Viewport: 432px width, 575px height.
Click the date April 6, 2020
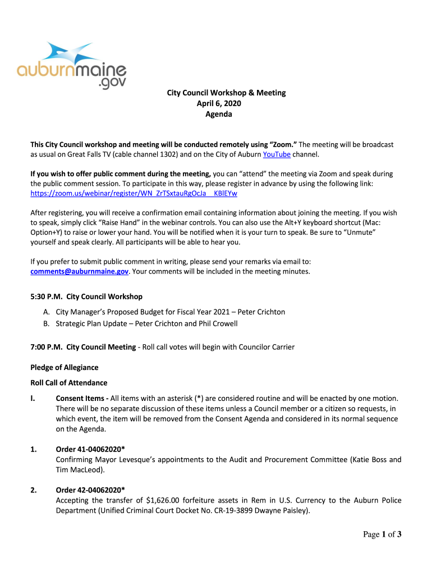tap(218, 103)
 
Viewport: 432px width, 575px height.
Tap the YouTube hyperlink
tap(277, 154)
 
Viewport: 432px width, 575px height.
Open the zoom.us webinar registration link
tap(134, 193)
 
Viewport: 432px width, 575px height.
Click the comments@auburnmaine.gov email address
tap(79, 271)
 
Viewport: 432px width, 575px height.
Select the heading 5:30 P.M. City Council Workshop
tap(86, 296)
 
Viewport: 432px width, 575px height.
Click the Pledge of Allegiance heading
tap(64, 367)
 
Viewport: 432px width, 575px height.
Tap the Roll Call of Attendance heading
tap(68, 383)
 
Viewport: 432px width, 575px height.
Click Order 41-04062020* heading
tap(90, 449)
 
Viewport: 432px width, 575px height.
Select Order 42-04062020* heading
tap(90, 490)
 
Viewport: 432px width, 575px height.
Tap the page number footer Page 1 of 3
tap(382, 535)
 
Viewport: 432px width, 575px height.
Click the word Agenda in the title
tap(218, 114)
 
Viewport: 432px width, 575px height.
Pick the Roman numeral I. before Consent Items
tap(33, 398)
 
